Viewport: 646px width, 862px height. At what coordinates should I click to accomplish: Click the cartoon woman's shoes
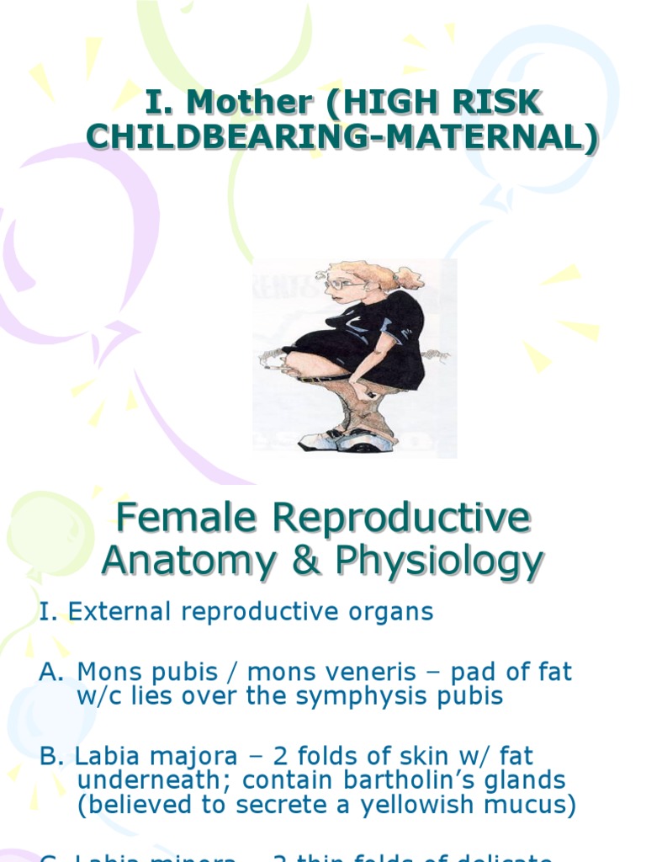pos(347,439)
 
